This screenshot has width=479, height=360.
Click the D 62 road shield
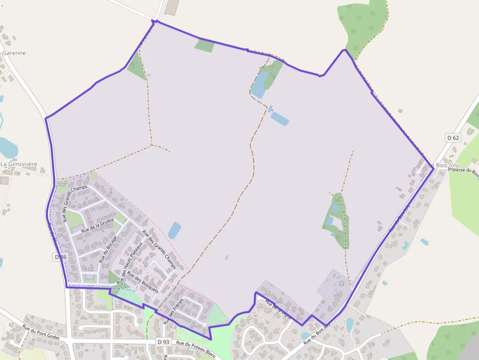453,138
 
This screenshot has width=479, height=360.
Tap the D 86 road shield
60,257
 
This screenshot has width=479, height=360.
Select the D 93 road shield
163,342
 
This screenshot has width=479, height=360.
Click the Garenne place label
14,53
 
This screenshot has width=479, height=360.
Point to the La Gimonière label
19,164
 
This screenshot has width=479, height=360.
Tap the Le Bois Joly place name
444,166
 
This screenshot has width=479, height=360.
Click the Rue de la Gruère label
97,225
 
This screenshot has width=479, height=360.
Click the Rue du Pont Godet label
41,331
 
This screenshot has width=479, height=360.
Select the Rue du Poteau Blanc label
196,348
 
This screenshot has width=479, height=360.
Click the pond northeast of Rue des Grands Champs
174,230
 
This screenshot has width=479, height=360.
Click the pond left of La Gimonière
7,147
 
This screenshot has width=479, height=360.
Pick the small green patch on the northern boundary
205,46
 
